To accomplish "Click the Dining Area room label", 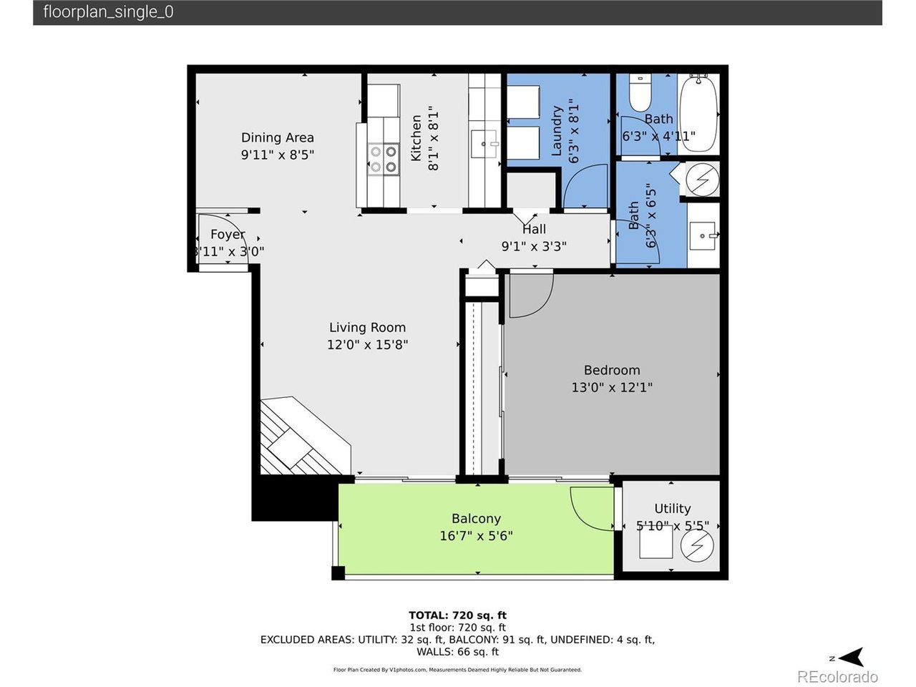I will click(x=277, y=137).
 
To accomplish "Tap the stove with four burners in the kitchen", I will click(x=383, y=159).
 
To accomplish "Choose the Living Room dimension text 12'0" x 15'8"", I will click(x=367, y=344).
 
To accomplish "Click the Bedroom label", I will click(x=612, y=370).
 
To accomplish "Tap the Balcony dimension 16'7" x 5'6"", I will click(x=476, y=536).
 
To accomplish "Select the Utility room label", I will click(x=672, y=508).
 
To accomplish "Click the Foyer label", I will click(x=228, y=234).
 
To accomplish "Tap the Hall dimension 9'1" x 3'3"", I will click(x=534, y=246).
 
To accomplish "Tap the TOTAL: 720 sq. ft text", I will click(x=457, y=615).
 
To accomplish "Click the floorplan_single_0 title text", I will click(x=108, y=12).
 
